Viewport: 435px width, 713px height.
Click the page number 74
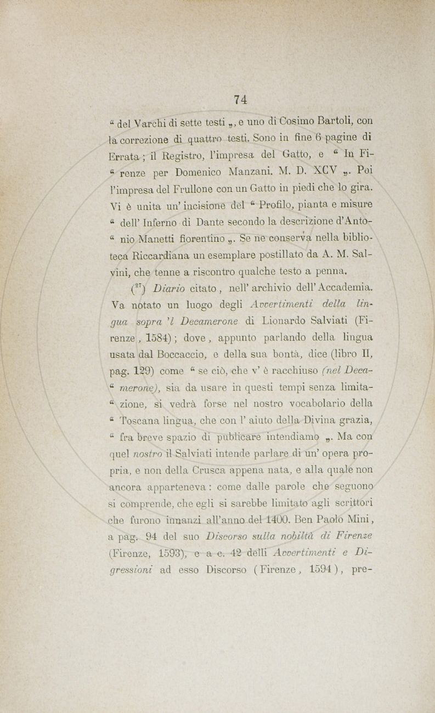pos(240,99)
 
